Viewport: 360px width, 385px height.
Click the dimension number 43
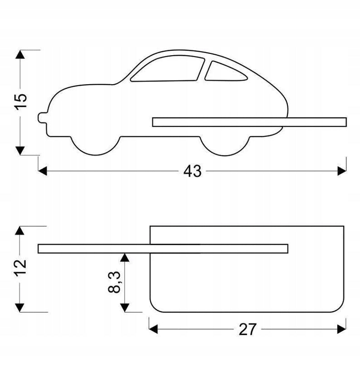192,171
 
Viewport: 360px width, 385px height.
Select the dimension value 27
248,329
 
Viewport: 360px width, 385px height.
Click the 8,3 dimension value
114,282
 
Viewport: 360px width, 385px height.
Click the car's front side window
168,68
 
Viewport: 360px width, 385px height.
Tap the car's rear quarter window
226,71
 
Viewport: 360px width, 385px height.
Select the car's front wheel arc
96,146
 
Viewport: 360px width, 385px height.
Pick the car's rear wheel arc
225,146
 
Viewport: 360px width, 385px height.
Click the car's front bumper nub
43,117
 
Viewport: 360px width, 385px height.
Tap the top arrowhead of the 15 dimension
20,54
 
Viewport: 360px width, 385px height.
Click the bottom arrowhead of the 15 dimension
20,150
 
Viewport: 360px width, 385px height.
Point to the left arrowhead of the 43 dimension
43,171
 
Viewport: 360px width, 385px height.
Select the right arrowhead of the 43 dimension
342,171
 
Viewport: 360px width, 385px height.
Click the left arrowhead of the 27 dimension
153,329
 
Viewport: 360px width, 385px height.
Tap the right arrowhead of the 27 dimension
342,329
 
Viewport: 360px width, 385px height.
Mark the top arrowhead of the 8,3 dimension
125,257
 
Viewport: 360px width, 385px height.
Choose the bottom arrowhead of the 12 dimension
19,308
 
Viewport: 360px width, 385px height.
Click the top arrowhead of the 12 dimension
19,231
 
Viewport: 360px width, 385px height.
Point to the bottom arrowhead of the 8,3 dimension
125,308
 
